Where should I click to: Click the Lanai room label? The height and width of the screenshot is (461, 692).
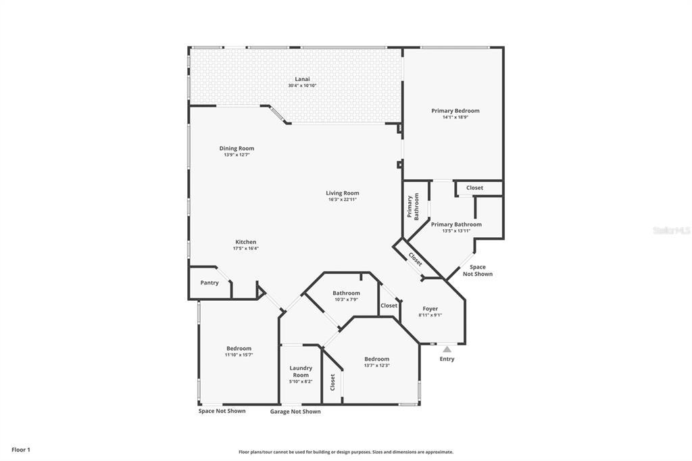302,78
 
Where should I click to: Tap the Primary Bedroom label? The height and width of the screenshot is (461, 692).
455,110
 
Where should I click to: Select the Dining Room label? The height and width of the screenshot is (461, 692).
237,148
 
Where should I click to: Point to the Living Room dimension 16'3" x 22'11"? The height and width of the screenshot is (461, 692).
342,199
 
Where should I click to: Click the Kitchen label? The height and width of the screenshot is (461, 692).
245,242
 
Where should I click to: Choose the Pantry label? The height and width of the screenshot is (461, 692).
209,283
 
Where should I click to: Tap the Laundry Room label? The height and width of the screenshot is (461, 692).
301,371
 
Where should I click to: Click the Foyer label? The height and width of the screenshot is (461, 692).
430,308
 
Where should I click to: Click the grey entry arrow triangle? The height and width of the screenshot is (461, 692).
447,349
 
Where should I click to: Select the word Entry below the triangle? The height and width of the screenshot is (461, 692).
447,359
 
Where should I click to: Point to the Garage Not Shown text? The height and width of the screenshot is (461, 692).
295,412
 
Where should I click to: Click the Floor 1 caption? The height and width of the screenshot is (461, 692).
21,450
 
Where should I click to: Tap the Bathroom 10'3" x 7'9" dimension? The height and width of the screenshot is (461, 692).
345,299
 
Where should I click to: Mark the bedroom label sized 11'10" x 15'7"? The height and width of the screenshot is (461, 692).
239,355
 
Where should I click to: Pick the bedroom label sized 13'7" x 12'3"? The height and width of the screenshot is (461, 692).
376,365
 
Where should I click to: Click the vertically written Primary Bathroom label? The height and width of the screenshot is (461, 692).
412,207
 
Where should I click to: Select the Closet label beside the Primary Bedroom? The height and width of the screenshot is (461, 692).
474,188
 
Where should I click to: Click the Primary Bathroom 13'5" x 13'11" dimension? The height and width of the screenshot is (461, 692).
456,230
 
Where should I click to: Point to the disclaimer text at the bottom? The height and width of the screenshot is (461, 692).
345,452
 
